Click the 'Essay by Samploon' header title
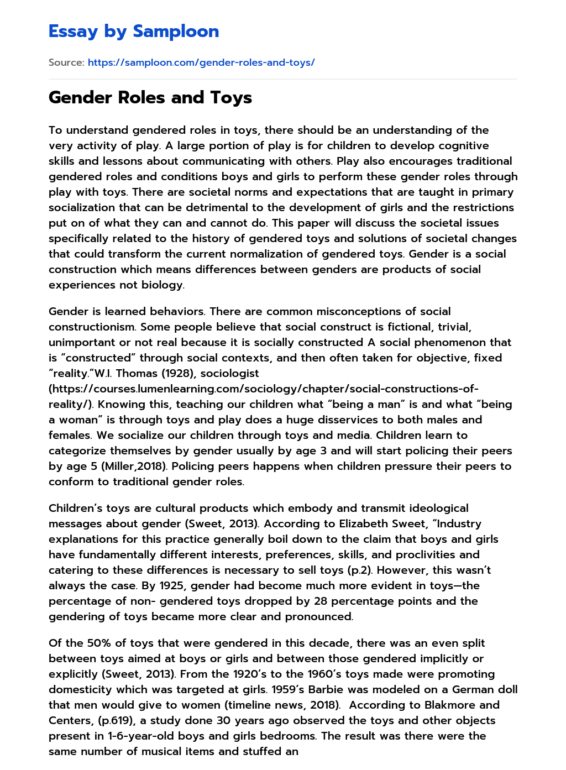point(134,32)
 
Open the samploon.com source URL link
point(201,62)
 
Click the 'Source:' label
point(66,62)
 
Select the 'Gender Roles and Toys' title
point(150,98)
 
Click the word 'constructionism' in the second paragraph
point(91,327)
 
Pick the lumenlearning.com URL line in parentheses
point(263,389)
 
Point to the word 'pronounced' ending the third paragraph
point(318,616)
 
